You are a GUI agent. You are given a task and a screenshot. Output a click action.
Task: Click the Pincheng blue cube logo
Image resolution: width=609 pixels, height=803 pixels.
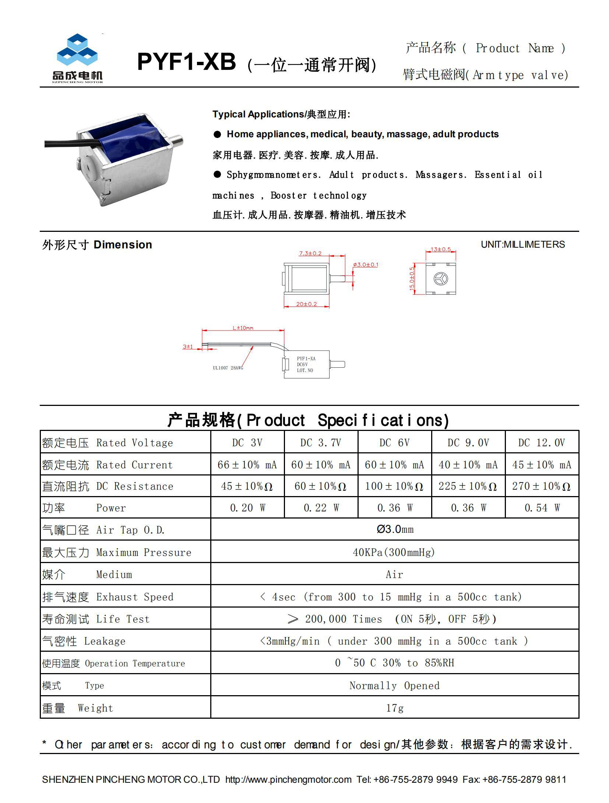tap(77, 51)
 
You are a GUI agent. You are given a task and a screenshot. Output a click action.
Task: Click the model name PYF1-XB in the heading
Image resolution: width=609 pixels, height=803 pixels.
tap(186, 62)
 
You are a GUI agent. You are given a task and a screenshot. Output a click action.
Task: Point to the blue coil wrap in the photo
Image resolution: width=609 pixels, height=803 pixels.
tap(125, 138)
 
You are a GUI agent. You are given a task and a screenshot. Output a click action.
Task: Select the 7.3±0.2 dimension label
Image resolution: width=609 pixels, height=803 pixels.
tap(310, 253)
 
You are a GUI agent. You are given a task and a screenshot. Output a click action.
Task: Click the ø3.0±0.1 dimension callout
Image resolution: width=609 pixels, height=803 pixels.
tap(365, 265)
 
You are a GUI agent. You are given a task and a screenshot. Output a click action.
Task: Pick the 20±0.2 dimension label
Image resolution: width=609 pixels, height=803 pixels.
tap(306, 304)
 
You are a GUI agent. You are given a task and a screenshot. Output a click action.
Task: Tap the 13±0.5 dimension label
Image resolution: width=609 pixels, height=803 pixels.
tap(441, 249)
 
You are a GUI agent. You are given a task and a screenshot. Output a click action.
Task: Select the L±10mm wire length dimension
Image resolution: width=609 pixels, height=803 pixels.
tap(243, 328)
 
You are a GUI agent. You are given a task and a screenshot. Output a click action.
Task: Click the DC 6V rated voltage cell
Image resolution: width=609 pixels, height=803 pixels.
tap(394, 442)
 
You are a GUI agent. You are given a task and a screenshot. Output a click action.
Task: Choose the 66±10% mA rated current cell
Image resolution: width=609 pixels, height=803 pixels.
tap(247, 464)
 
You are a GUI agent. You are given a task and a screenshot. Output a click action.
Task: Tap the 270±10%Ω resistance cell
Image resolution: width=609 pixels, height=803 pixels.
tap(541, 486)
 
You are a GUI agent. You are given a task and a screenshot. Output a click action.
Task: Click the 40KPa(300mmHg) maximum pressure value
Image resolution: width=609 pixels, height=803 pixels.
tap(394, 552)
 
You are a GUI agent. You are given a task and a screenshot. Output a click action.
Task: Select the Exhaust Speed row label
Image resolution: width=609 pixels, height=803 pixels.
tap(108, 597)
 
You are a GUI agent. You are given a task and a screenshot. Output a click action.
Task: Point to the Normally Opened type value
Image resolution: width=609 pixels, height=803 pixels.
tap(394, 685)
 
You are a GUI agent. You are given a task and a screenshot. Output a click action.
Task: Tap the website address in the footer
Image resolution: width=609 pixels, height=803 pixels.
tap(288, 779)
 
